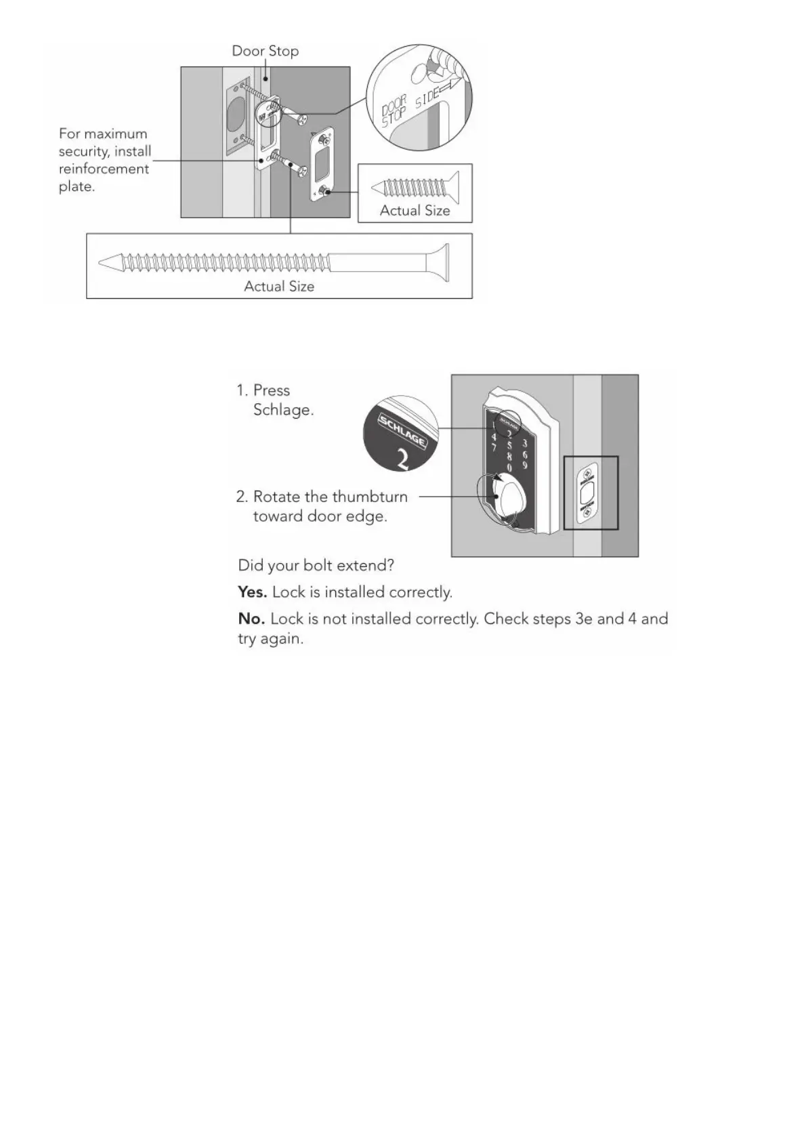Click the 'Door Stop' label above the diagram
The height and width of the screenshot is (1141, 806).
tap(265, 51)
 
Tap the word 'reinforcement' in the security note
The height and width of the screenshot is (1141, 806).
tap(104, 169)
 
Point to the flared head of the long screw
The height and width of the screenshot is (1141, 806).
tap(440, 262)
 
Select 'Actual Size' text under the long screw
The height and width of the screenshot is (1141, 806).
tap(279, 287)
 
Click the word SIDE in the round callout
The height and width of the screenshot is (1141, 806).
tap(428, 99)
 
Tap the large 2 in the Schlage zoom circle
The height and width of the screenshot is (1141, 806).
tap(402, 459)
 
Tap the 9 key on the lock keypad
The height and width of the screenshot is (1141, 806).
tap(525, 464)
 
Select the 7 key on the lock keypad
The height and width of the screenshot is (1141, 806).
tap(494, 448)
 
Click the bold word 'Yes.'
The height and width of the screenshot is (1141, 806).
tap(252, 592)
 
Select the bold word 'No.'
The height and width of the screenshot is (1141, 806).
tap(251, 619)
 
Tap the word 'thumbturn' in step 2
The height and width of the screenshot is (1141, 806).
tap(369, 497)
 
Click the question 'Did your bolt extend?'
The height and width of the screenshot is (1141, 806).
tap(316, 565)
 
